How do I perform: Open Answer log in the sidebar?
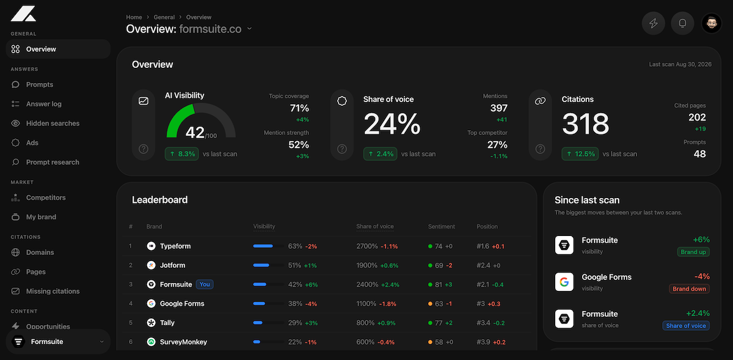click(x=43, y=104)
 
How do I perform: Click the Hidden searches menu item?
click(x=53, y=123)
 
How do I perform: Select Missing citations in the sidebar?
click(x=53, y=291)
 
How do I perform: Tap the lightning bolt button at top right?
click(x=654, y=23)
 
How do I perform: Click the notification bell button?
click(x=682, y=23)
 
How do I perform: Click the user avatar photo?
click(x=712, y=23)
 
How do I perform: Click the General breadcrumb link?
click(x=164, y=17)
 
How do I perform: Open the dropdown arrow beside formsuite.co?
click(x=249, y=29)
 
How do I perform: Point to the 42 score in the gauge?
click(x=195, y=133)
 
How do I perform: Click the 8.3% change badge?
click(x=181, y=154)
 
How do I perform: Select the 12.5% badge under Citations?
click(x=580, y=154)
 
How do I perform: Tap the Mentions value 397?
click(x=498, y=108)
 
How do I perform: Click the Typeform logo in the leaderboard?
click(x=151, y=246)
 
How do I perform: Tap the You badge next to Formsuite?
click(x=205, y=284)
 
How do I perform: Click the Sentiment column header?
click(x=442, y=226)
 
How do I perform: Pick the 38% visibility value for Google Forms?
click(x=295, y=304)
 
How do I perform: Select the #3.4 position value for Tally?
click(x=483, y=323)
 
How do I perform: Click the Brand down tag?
click(x=689, y=289)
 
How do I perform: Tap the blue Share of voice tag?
click(x=686, y=326)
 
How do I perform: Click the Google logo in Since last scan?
click(x=564, y=282)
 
